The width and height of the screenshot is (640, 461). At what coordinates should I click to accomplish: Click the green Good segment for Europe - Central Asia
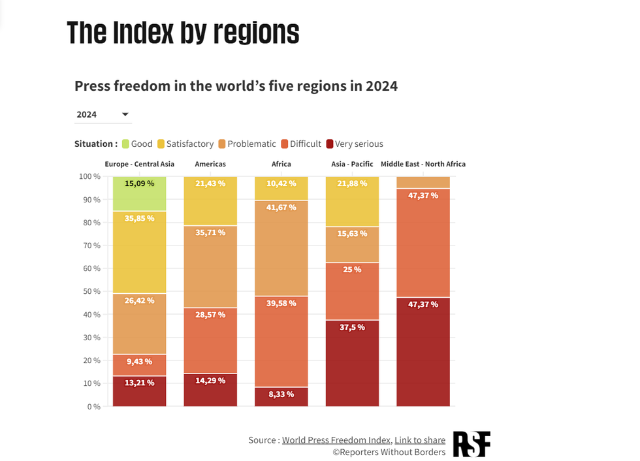tap(139, 194)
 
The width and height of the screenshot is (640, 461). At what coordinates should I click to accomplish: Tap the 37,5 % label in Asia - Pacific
tap(352, 327)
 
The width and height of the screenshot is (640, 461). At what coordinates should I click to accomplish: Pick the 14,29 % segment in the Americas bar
tap(210, 390)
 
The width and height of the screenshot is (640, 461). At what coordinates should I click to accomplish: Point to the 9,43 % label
tap(139, 361)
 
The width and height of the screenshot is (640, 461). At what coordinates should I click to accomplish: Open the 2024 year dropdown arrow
tap(125, 115)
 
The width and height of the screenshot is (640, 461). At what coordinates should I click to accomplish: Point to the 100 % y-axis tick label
tap(89, 176)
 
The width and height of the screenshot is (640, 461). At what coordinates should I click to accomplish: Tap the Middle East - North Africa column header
tap(423, 164)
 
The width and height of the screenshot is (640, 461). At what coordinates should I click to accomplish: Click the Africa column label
tap(281, 164)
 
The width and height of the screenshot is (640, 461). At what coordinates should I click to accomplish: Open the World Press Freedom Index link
tap(336, 440)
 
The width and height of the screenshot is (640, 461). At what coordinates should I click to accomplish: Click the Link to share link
tap(420, 440)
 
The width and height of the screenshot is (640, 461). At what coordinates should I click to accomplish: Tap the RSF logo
tap(472, 444)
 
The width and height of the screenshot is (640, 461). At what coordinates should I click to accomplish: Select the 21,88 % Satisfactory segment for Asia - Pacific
tap(352, 202)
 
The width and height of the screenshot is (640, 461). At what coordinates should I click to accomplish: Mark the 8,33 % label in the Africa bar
tap(281, 394)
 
